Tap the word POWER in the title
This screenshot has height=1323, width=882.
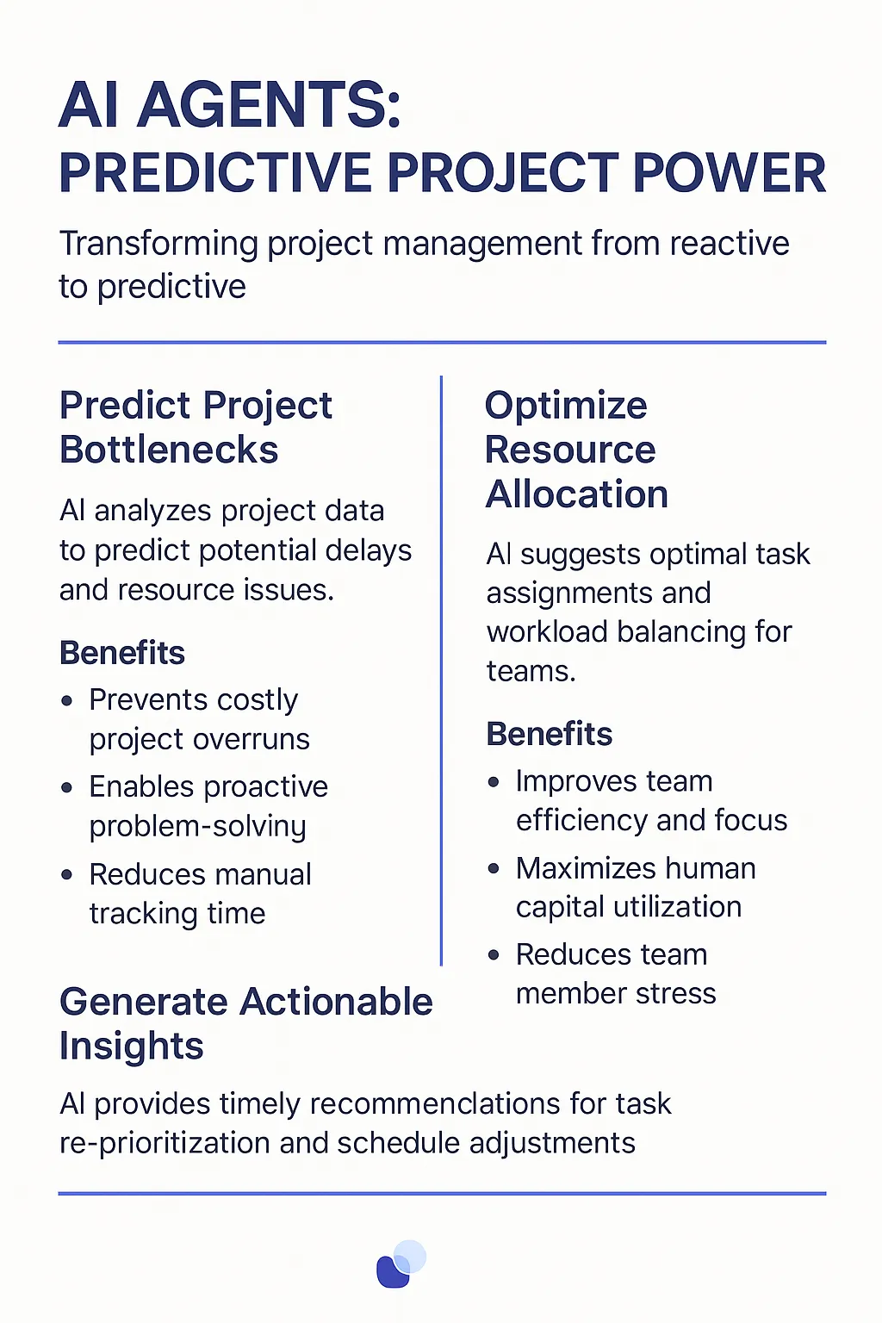point(729,173)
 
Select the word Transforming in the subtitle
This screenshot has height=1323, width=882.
point(158,245)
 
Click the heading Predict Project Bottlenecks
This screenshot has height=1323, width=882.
point(196,427)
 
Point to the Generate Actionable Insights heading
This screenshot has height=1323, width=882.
point(246,1023)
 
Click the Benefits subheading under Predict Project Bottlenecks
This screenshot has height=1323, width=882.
point(122,653)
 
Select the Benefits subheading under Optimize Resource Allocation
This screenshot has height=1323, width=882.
point(550,734)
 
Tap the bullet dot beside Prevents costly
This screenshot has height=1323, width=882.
point(67,701)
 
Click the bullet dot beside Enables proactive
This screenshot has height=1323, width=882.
point(67,788)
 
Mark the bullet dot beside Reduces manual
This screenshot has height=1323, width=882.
point(67,875)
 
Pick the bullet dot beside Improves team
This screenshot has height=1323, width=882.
point(494,783)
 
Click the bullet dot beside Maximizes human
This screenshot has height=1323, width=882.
point(494,869)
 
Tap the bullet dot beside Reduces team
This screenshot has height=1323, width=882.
point(494,955)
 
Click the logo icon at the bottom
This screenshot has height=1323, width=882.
point(401,1264)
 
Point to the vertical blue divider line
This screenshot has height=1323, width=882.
point(441,670)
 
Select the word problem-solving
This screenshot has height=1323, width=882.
point(198,827)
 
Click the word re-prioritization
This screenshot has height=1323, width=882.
point(165,1144)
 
